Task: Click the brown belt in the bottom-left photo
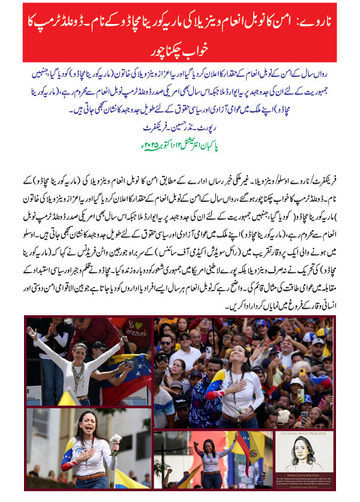click(91, 479)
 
